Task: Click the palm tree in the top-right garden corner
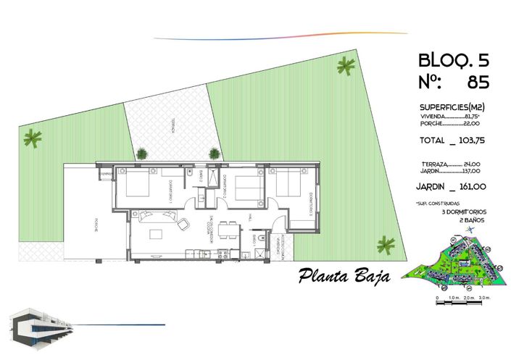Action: tap(345, 67)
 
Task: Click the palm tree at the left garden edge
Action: tap(33, 137)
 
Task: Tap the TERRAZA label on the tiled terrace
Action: tap(173, 127)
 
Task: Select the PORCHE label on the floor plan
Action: tap(95, 225)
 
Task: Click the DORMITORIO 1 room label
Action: tap(171, 191)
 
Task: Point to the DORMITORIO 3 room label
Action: tap(309, 204)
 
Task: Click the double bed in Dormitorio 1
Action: tap(138, 185)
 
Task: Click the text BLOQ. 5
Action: tap(453, 59)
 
